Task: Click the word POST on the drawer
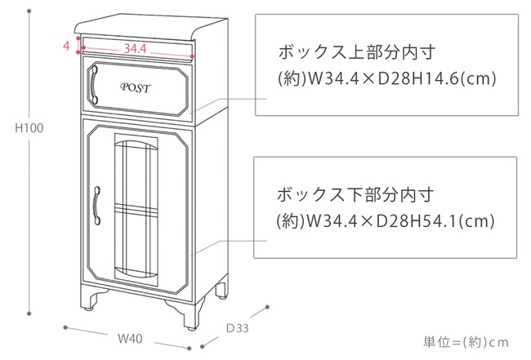click(135, 87)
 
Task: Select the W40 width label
click(127, 337)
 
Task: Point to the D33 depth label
click(237, 327)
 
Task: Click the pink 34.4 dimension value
click(135, 49)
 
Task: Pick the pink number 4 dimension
click(65, 46)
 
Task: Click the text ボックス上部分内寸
click(355, 52)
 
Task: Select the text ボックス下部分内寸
click(355, 196)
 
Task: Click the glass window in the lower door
click(136, 208)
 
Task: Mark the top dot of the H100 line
click(30, 14)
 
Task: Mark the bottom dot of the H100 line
click(30, 310)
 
